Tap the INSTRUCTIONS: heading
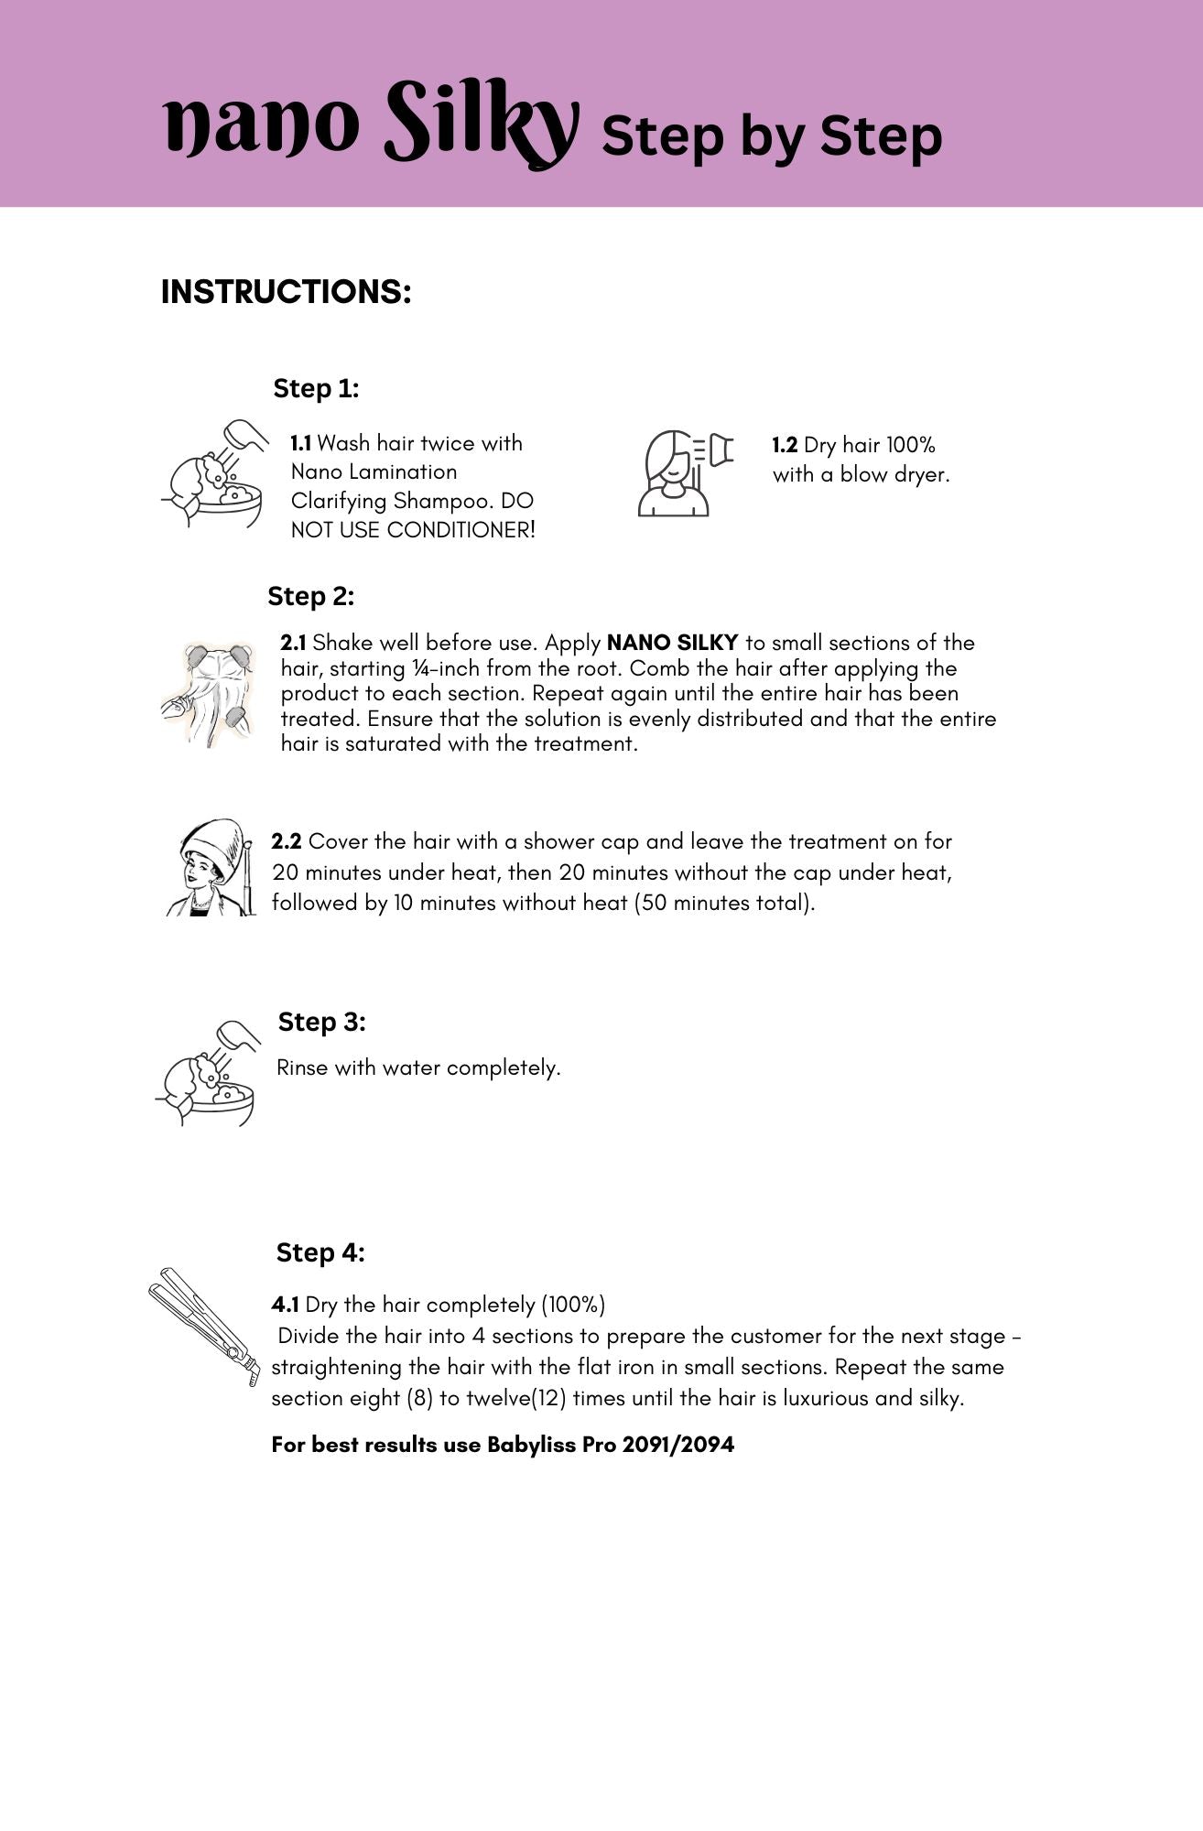(286, 292)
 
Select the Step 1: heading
(316, 388)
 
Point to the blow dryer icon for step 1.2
(685, 472)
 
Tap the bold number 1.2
(785, 446)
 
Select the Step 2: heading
(310, 597)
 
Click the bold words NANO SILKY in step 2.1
(672, 643)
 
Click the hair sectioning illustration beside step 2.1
(209, 694)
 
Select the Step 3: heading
(321, 1022)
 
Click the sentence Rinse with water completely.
(418, 1067)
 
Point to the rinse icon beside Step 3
(207, 1073)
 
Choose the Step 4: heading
(320, 1252)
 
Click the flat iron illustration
(203, 1324)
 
